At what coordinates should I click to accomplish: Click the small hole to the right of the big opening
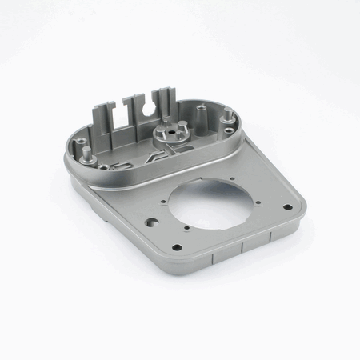(x=250, y=200)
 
